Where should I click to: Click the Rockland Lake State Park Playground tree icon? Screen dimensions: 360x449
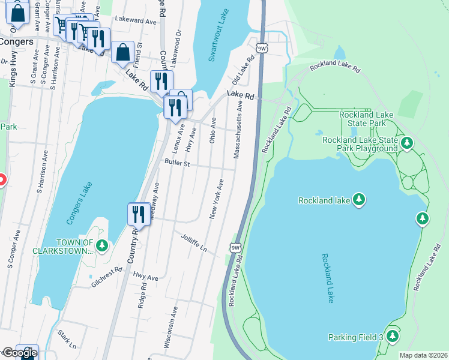[408, 143]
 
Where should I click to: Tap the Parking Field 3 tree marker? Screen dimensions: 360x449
[393, 336]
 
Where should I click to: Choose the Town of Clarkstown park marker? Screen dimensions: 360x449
[103, 245]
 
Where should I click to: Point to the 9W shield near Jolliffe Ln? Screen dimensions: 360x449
[235, 247]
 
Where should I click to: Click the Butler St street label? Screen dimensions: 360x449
[176, 163]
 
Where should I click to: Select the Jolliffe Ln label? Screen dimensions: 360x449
[194, 243]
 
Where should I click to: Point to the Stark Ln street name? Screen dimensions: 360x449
[67, 339]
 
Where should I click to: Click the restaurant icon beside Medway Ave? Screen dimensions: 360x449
[138, 214]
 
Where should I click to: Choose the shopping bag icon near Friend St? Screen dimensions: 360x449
[123, 53]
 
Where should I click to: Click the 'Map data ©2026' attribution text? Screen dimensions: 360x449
[423, 355]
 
